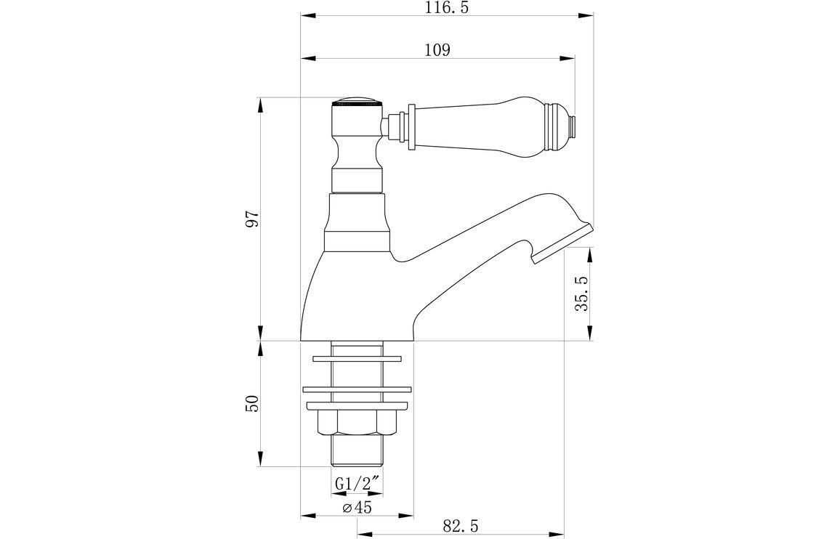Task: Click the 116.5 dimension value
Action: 446,8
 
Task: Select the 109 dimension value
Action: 437,50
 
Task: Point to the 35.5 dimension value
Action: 581,293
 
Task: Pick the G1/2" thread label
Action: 358,483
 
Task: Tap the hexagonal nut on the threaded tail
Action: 358,421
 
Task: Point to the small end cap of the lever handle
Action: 573,124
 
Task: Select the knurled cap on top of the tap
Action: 357,102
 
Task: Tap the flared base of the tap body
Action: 356,305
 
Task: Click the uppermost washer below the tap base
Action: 358,358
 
